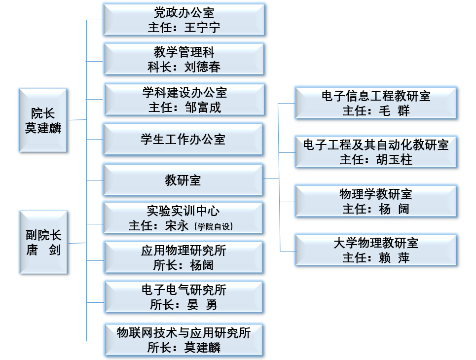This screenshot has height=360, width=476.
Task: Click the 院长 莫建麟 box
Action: [x=43, y=120]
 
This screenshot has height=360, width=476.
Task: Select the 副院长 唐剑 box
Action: [x=43, y=242]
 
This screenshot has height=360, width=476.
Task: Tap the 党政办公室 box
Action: [x=183, y=20]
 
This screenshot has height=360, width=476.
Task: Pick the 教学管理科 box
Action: [x=183, y=59]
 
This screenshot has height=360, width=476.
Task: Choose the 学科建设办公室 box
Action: [x=183, y=99]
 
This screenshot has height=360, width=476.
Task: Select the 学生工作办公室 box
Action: [x=183, y=140]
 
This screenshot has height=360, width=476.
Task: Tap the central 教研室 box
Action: [x=183, y=180]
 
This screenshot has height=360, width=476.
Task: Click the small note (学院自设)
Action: [x=213, y=226]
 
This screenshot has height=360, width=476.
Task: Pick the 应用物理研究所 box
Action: [x=183, y=257]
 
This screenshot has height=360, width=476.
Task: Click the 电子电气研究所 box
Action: [x=183, y=297]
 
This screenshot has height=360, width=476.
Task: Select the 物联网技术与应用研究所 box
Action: [x=183, y=340]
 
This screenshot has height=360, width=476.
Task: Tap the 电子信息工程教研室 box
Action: [x=376, y=103]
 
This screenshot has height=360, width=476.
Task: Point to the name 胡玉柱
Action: [x=394, y=160]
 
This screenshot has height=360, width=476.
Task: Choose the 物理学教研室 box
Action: [x=376, y=201]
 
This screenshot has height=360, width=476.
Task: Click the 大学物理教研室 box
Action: [x=376, y=250]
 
